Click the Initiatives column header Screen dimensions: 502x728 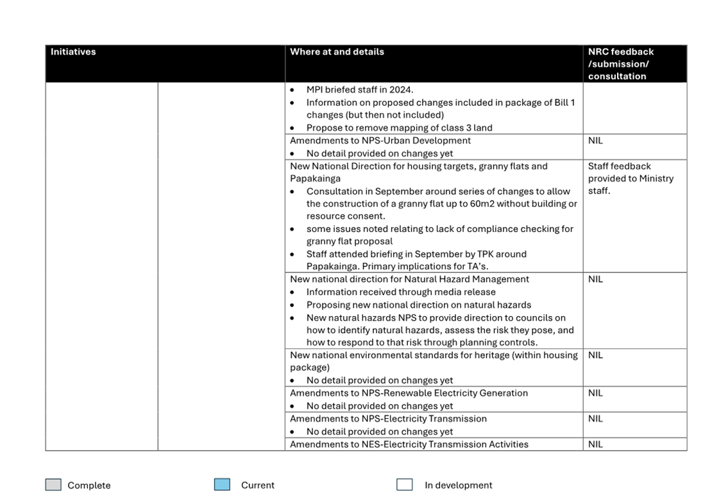(73, 52)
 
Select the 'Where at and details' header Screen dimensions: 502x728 (337, 52)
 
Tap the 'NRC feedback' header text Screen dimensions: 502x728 (620, 52)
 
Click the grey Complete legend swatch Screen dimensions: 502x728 (53, 485)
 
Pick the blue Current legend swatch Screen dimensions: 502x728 (222, 485)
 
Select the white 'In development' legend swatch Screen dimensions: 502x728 (404, 485)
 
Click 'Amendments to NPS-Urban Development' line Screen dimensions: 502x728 (380, 140)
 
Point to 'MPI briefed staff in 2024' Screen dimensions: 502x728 (359, 90)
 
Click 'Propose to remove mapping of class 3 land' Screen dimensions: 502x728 (399, 128)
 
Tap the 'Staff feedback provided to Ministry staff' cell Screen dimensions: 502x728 (631, 178)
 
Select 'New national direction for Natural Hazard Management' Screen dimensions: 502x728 (409, 279)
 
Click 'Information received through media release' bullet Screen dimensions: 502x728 (400, 292)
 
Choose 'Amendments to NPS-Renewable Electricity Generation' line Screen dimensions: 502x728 (409, 393)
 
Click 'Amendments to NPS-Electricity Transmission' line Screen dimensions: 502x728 (388, 419)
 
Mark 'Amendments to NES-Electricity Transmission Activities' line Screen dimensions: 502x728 (409, 444)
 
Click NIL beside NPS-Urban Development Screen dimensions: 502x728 (595, 140)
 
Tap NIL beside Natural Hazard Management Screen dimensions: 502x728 (595, 279)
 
